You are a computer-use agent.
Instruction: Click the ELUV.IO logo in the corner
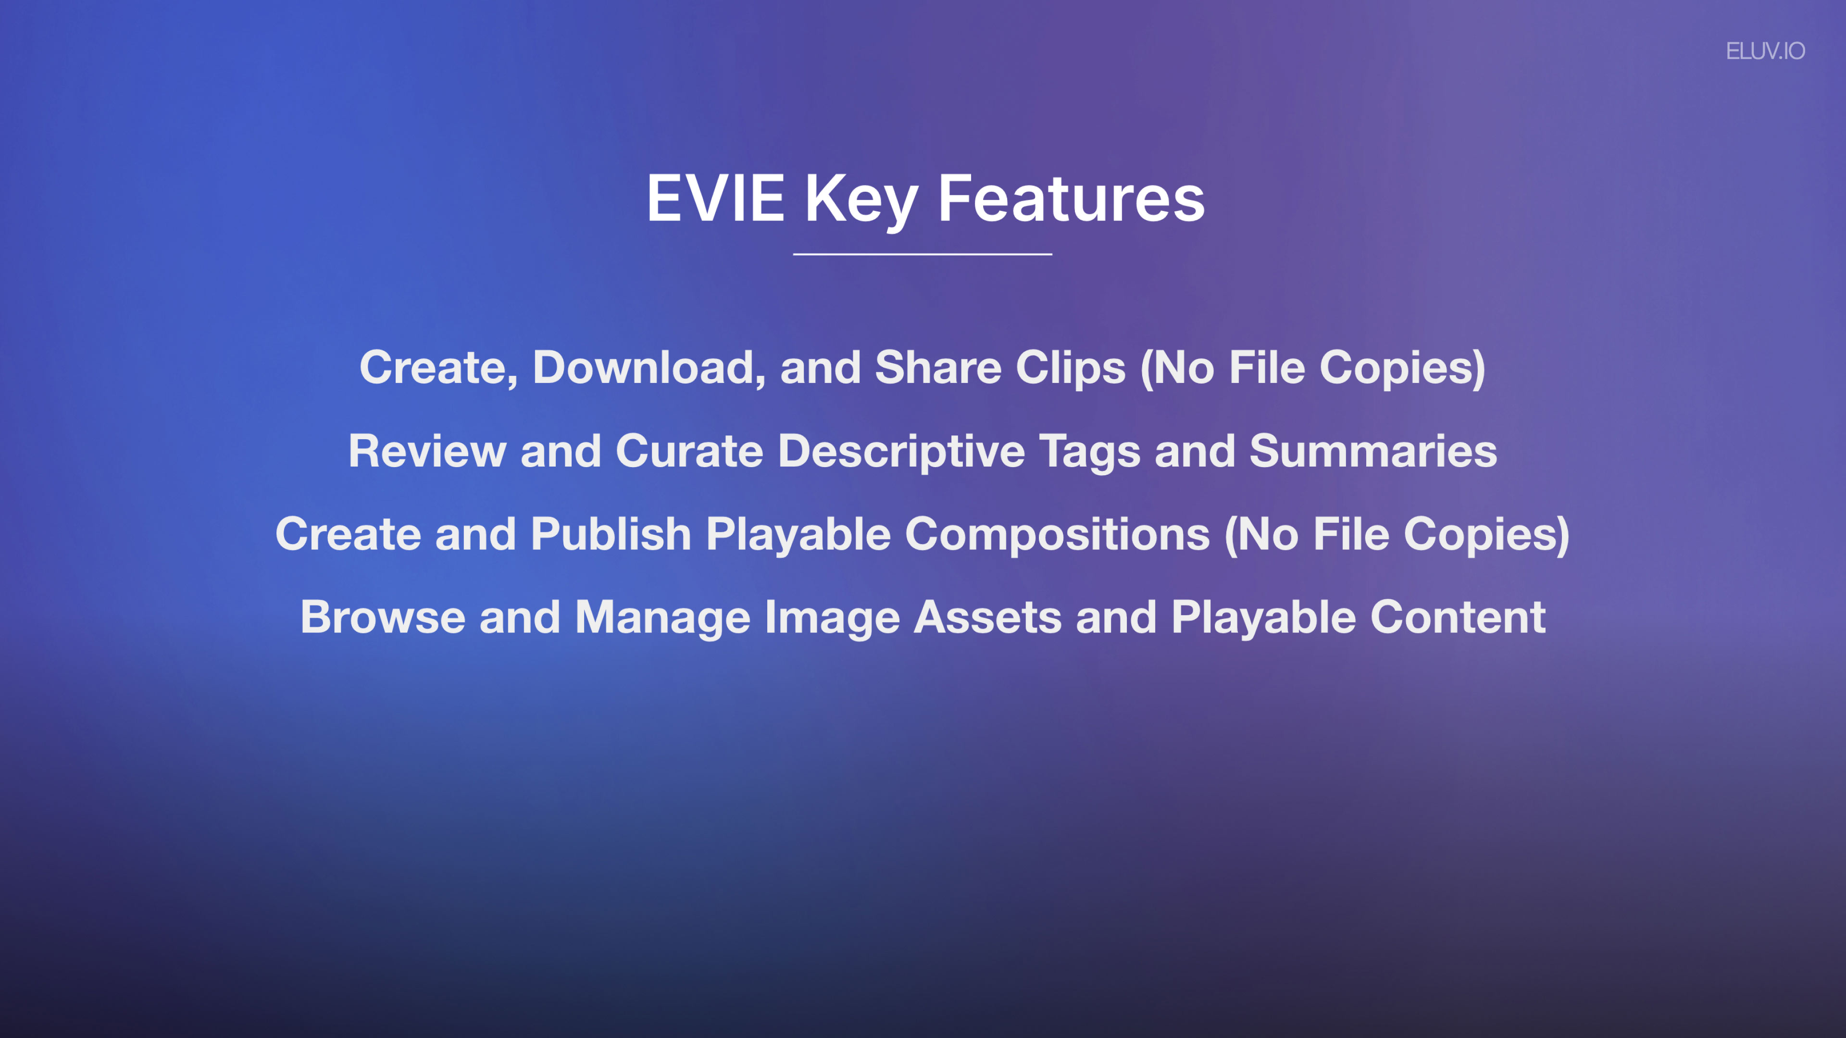1765,51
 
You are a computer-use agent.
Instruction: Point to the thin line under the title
923,254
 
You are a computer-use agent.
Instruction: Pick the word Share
938,368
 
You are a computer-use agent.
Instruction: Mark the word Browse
383,618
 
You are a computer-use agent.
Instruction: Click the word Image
832,618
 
